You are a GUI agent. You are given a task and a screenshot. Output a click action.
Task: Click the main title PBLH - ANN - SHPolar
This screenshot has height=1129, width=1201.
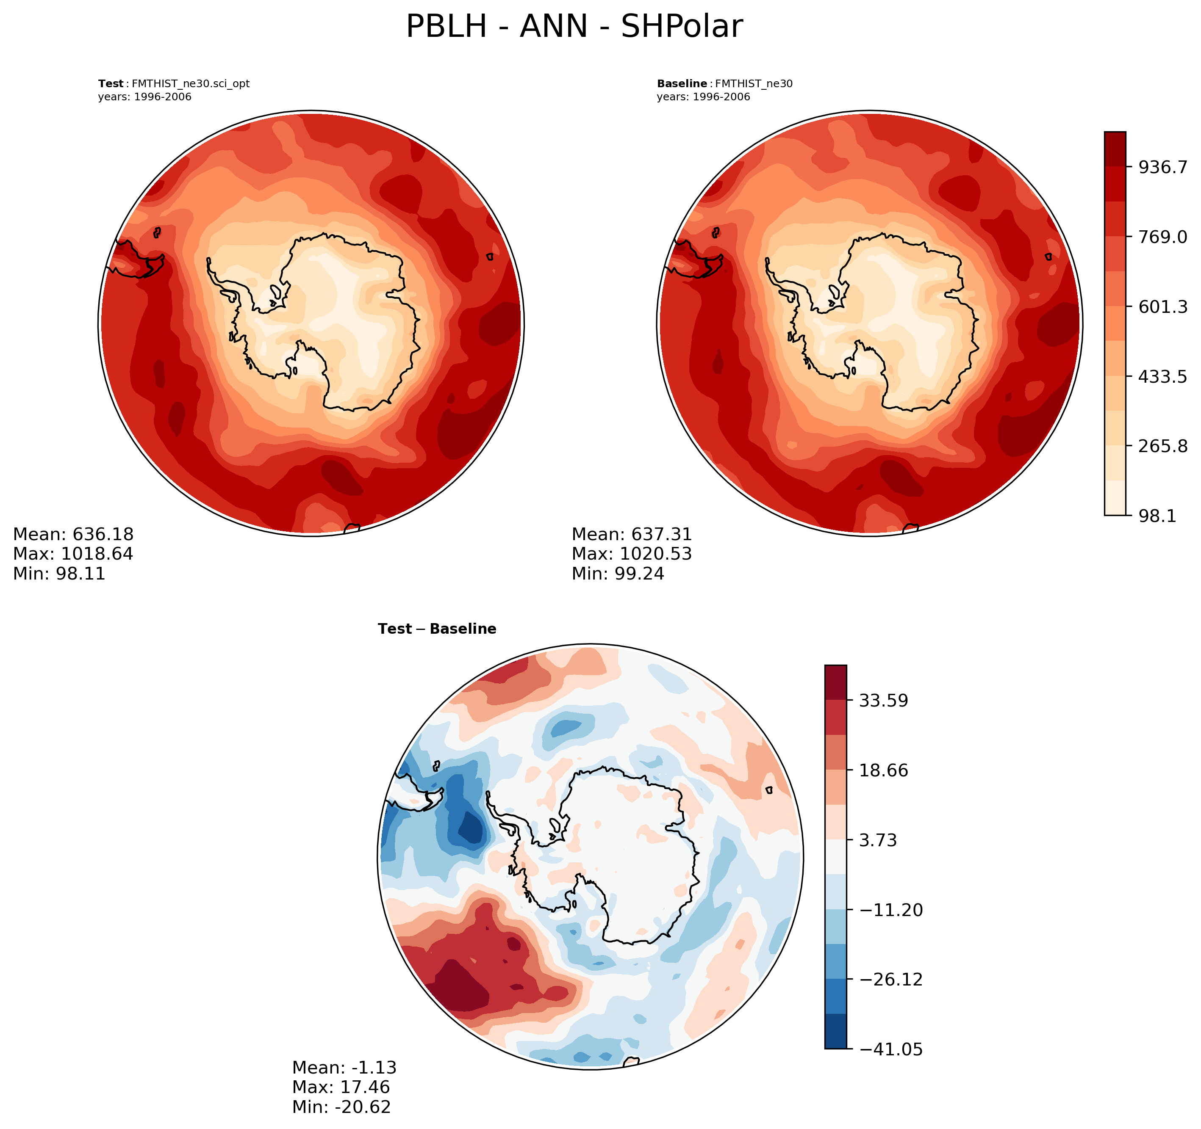pos(574,27)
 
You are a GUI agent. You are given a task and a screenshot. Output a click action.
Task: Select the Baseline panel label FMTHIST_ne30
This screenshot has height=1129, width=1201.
pos(724,84)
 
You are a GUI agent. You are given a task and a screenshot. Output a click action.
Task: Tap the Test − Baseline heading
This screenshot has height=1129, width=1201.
pos(437,629)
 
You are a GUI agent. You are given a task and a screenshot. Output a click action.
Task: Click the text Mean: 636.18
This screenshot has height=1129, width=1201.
pos(73,534)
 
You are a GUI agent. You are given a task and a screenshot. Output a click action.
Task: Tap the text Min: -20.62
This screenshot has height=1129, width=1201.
pos(341,1107)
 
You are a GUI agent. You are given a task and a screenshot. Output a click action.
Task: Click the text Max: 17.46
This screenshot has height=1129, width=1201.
pos(341,1088)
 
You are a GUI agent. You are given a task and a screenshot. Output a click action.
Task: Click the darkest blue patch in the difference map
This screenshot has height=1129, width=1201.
pos(471,828)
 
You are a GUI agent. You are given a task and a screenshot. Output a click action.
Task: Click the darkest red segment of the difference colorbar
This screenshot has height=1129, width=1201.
pos(835,682)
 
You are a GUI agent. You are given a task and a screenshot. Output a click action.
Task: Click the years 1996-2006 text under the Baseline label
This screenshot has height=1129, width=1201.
pos(703,97)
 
